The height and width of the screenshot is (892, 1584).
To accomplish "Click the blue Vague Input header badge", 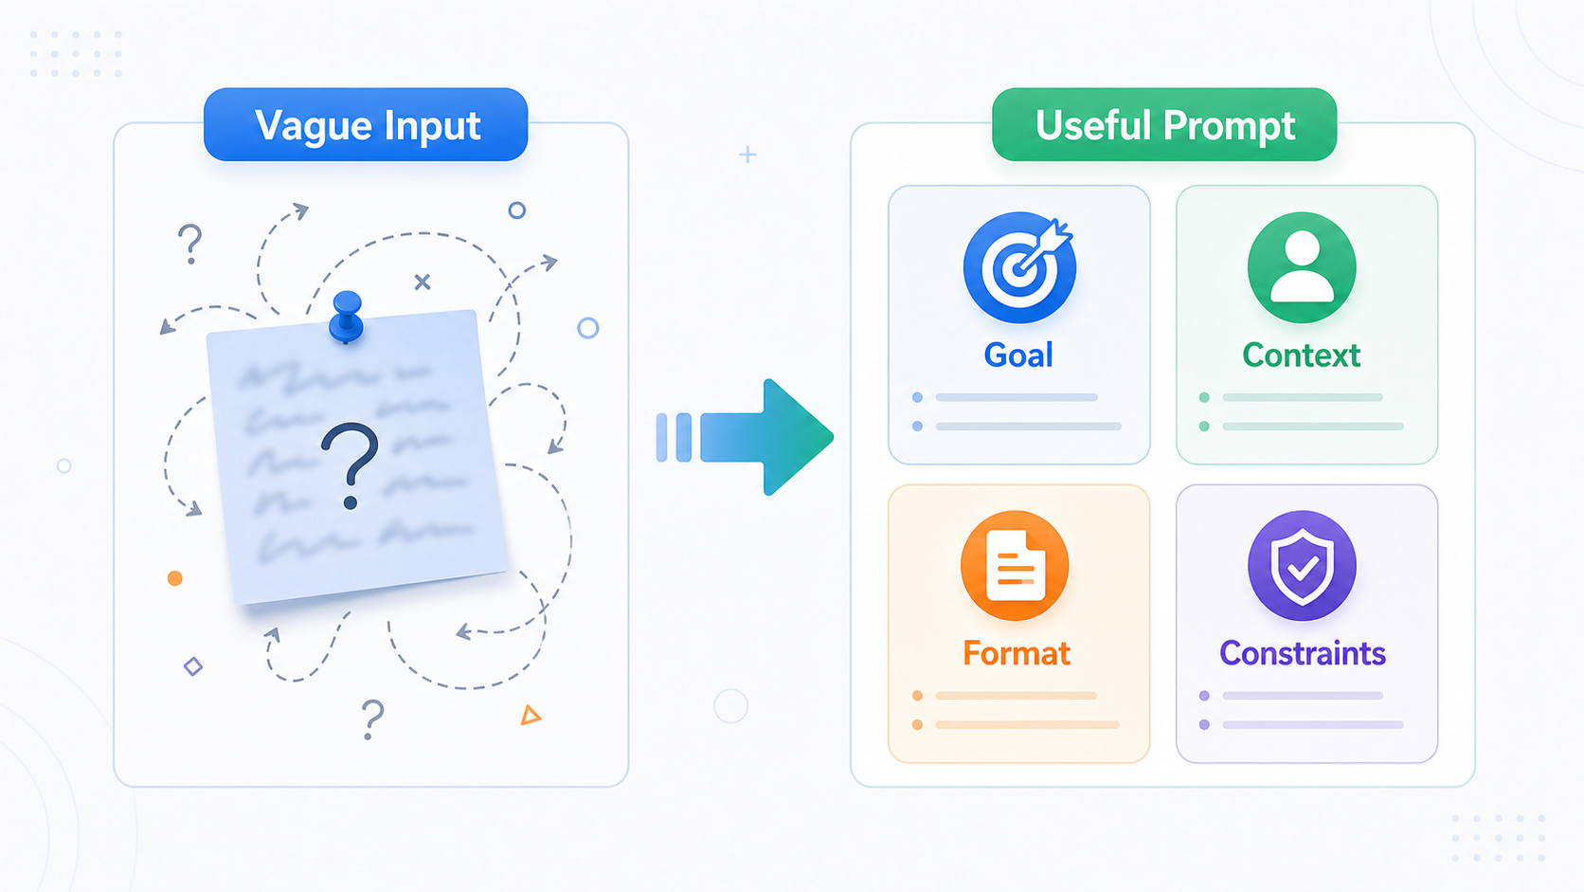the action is [366, 124].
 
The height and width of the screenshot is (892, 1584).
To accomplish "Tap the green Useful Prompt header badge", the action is [1164, 124].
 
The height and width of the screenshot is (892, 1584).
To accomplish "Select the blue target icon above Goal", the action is [1019, 267].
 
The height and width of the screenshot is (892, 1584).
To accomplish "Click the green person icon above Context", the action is [1302, 267].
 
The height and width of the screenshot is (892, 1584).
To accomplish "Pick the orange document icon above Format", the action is [1015, 566].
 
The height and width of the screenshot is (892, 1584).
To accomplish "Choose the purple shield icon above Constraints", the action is [1302, 566].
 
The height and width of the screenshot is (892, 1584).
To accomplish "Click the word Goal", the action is [1018, 355].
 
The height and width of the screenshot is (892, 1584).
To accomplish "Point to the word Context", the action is [1301, 355].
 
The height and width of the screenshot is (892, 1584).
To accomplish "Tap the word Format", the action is [1017, 654].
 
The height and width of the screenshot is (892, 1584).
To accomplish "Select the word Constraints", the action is [1303, 654].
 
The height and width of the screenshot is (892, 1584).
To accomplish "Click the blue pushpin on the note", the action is [347, 318].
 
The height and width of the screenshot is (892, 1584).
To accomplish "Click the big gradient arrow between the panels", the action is [746, 437].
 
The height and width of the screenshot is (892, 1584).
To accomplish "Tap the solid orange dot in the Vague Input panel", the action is [174, 578].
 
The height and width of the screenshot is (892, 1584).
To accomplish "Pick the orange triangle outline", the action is [531, 715].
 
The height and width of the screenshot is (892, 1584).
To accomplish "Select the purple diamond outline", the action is [193, 666].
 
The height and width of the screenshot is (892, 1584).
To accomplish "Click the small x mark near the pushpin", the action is [423, 282].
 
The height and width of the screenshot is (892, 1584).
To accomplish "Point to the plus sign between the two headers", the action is [747, 155].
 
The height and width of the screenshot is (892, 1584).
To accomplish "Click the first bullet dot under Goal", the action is [917, 397].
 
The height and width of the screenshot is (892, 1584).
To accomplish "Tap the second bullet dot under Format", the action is [917, 725].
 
